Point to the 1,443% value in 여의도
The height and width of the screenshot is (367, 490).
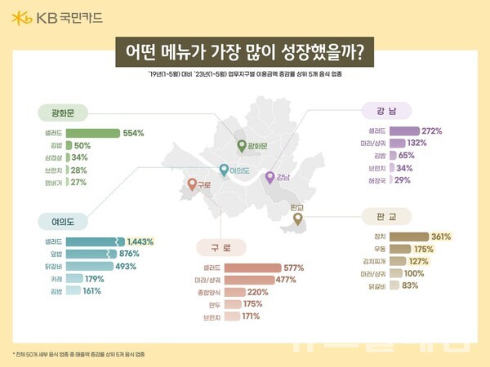(141, 242)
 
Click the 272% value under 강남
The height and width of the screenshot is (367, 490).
(432, 130)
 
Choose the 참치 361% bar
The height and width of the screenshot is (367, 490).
(413, 237)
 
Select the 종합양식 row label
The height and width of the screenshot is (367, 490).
(207, 291)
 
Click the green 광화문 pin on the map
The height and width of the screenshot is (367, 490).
(241, 145)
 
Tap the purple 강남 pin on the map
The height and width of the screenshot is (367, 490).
(271, 176)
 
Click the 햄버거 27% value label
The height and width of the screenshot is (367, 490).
(78, 182)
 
